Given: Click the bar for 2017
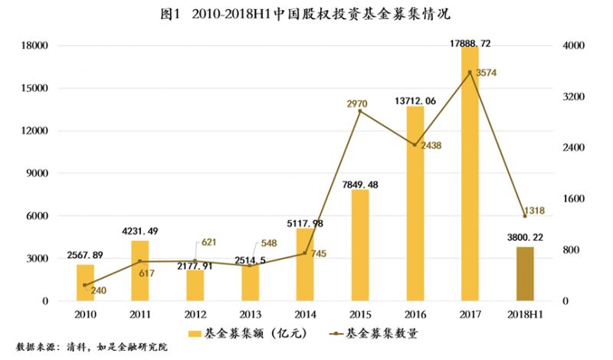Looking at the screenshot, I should [x=469, y=174].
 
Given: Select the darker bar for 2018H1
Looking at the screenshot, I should [x=524, y=273].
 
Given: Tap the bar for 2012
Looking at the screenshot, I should [x=195, y=285].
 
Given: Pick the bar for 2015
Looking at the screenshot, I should [x=359, y=245].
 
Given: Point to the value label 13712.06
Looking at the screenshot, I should [x=415, y=100].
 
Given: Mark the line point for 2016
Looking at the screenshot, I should [x=415, y=145].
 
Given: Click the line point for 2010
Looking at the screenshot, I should [x=85, y=285].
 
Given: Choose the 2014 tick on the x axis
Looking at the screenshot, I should [x=304, y=314].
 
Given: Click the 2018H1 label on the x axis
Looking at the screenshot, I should [x=524, y=314].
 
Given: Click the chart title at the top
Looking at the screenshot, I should [x=306, y=15].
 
